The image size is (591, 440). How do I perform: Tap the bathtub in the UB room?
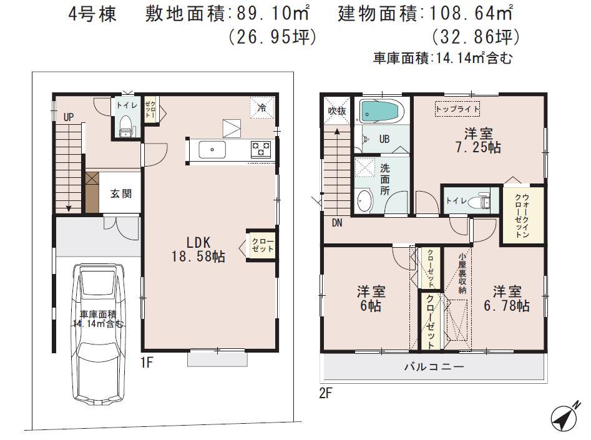[381, 112]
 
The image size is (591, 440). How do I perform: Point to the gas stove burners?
[261, 149]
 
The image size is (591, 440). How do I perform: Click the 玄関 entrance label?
[121, 194]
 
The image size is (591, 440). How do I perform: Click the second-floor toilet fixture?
[482, 201]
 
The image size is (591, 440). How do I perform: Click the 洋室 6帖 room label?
[371, 299]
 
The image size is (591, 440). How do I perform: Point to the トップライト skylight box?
[458, 109]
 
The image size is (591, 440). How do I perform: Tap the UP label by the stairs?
[68, 116]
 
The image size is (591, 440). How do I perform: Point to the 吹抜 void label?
[336, 110]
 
